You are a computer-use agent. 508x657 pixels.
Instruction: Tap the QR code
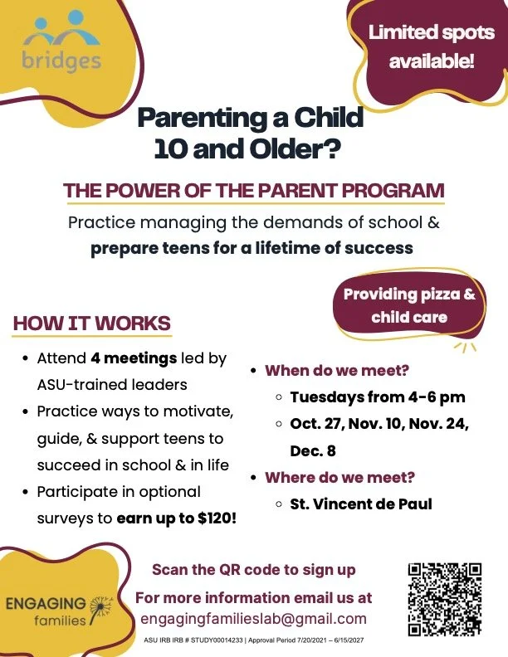point(445,600)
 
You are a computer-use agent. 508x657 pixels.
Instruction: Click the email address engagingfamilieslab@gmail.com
point(253,619)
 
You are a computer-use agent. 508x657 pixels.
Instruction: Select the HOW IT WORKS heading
point(92,324)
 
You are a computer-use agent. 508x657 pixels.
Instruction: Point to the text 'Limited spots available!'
point(432,46)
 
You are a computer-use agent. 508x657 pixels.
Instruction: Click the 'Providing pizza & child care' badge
point(409,306)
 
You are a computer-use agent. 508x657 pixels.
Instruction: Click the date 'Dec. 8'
point(313,450)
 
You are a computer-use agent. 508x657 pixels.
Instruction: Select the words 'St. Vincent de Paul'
point(361,504)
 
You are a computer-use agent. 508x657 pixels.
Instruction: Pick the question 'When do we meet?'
point(337,371)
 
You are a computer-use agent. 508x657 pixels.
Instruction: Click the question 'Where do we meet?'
point(340,477)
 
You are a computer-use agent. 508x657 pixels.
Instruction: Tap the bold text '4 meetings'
point(134,358)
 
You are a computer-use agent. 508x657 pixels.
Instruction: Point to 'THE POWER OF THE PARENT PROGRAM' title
point(254,191)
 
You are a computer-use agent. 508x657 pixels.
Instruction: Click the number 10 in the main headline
point(170,148)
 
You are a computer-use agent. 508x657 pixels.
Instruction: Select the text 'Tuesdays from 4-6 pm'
point(378,397)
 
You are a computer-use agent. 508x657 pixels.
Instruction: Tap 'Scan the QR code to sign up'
point(254,570)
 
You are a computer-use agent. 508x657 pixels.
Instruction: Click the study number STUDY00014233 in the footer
point(217,640)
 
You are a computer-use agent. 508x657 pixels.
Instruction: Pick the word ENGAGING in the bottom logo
point(46,604)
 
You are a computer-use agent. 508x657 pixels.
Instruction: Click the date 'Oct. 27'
point(315,424)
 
